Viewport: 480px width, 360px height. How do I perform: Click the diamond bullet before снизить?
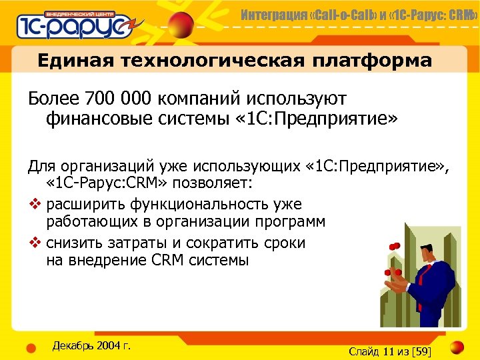coord(34,242)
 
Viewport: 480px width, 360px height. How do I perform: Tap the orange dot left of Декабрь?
coord(31,347)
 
